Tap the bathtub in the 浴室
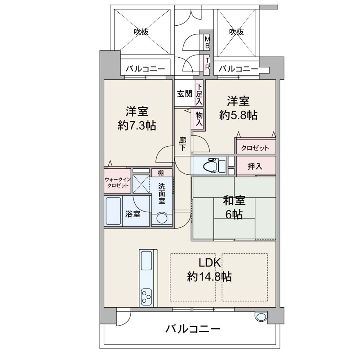point(113,211)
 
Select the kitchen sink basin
point(146,261)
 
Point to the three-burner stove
point(146,296)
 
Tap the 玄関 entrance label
point(184,94)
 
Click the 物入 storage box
point(199,119)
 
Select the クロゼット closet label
point(255,148)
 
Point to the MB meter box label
point(207,42)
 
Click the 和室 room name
point(234,200)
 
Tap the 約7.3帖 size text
point(137,126)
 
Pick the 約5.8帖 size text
point(238,115)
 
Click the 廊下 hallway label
point(182,144)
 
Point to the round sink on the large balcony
point(261,317)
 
